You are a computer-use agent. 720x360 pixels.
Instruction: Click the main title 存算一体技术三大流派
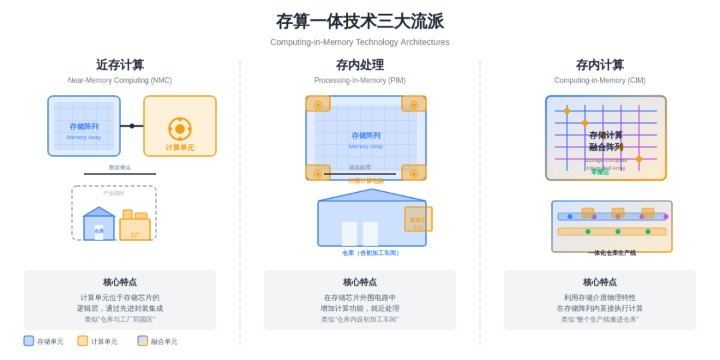pyautogui.click(x=360, y=21)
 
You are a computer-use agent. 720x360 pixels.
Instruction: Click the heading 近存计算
pyautogui.click(x=120, y=65)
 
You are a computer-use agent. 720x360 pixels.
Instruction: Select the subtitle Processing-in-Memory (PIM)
pyautogui.click(x=360, y=81)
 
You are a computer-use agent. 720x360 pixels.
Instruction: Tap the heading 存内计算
pyautogui.click(x=600, y=65)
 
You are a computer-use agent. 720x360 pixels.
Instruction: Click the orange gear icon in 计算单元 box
pyautogui.click(x=180, y=129)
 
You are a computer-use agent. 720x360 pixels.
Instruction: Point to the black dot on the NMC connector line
pyautogui.click(x=132, y=126)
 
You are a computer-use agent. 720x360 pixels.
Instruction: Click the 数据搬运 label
pyautogui.click(x=120, y=167)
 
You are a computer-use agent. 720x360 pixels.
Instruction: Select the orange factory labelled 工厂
pyautogui.click(x=135, y=229)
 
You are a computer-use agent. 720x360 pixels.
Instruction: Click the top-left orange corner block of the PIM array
pyautogui.click(x=318, y=104)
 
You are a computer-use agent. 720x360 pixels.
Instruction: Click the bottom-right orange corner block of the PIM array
pyautogui.click(x=413, y=173)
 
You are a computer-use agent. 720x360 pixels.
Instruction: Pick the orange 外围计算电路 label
pyautogui.click(x=365, y=181)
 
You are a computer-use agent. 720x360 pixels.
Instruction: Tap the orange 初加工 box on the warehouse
pyautogui.click(x=418, y=219)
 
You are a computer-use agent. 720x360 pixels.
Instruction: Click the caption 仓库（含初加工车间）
pyautogui.click(x=372, y=253)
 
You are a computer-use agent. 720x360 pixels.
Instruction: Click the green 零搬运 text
pyautogui.click(x=600, y=172)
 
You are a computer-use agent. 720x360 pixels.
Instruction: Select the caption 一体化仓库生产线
pyautogui.click(x=612, y=253)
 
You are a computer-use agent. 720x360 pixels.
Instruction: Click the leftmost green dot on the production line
pyautogui.click(x=588, y=231)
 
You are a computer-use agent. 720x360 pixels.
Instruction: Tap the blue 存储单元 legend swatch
pyautogui.click(x=29, y=341)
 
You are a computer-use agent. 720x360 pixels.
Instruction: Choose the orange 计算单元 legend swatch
pyautogui.click(x=83, y=341)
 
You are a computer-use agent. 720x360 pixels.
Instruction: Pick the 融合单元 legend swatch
pyautogui.click(x=143, y=341)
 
